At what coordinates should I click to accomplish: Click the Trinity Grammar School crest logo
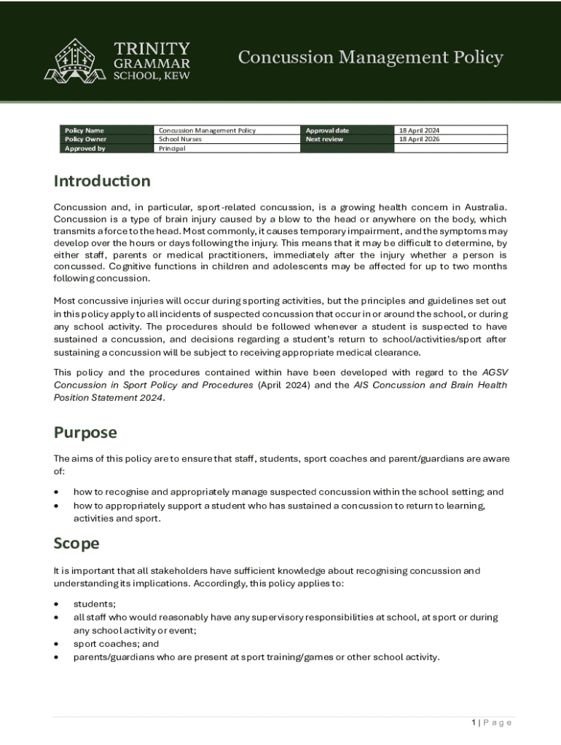coord(75,60)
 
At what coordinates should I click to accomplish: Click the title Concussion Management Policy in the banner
coord(370,57)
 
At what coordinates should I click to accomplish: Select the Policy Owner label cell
coord(86,139)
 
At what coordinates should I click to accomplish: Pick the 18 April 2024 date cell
coord(419,130)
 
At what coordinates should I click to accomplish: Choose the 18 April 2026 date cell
coord(419,139)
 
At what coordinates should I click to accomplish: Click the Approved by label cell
coord(85,148)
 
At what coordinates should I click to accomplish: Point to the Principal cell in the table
coord(172,148)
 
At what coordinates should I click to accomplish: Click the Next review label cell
coord(324,139)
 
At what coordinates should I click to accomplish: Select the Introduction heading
coord(102,180)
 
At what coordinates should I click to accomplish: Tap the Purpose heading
coord(85,432)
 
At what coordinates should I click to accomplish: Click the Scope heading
coord(76,543)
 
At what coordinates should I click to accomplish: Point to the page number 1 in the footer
coord(474,722)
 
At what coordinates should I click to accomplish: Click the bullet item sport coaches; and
coord(116,644)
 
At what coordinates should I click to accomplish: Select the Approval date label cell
coord(328,130)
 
